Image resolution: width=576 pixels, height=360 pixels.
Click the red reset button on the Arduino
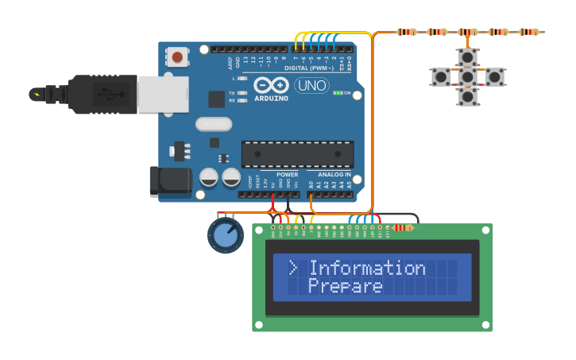coord(177,56)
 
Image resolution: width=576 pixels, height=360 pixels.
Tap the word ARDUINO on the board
coord(271,98)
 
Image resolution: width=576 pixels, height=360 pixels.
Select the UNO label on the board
coord(311,86)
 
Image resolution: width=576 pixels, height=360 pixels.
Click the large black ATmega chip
coord(297,153)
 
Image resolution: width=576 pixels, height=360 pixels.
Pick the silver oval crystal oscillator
coord(214,124)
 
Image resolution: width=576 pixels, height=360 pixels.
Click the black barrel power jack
coord(169,181)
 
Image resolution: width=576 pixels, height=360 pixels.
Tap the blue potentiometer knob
coord(226,235)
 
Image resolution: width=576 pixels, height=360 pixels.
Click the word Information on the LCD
coord(367,268)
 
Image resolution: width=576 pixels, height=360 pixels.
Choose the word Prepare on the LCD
coord(346,286)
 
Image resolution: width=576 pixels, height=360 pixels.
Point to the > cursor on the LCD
coord(292,268)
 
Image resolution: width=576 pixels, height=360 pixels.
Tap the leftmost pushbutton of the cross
coord(441,77)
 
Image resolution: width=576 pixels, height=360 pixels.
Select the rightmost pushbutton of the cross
coord(494,77)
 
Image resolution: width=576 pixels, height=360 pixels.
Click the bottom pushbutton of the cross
coord(468,97)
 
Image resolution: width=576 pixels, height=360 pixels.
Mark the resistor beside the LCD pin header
coord(403,228)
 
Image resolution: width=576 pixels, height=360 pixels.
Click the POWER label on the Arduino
coord(287,175)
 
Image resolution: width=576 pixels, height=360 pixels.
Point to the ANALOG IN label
coord(334,175)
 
